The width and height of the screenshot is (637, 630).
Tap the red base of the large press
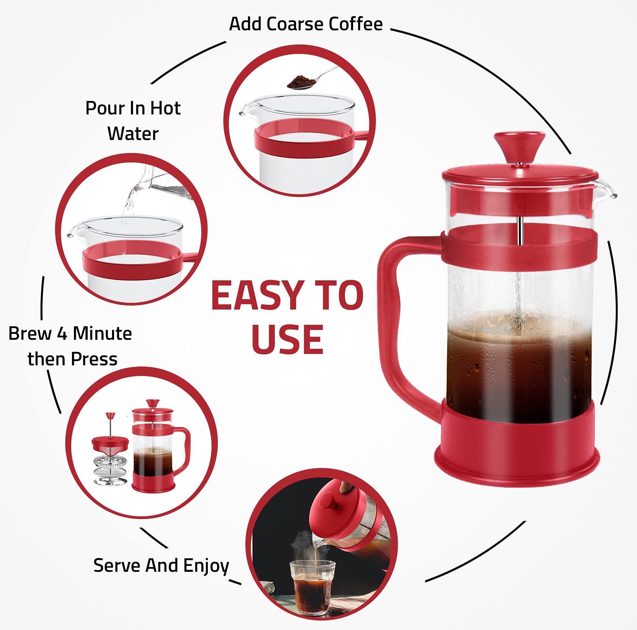tap(517, 448)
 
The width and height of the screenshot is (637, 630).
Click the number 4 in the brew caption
tap(62, 333)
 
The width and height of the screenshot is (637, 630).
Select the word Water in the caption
tap(133, 134)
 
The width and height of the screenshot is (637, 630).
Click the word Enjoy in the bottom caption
tap(206, 566)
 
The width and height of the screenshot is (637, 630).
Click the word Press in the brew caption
tap(94, 359)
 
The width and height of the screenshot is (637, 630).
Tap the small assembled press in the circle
tap(157, 448)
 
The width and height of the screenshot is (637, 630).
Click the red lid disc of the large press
tap(520, 173)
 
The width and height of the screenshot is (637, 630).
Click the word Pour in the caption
tap(102, 108)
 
